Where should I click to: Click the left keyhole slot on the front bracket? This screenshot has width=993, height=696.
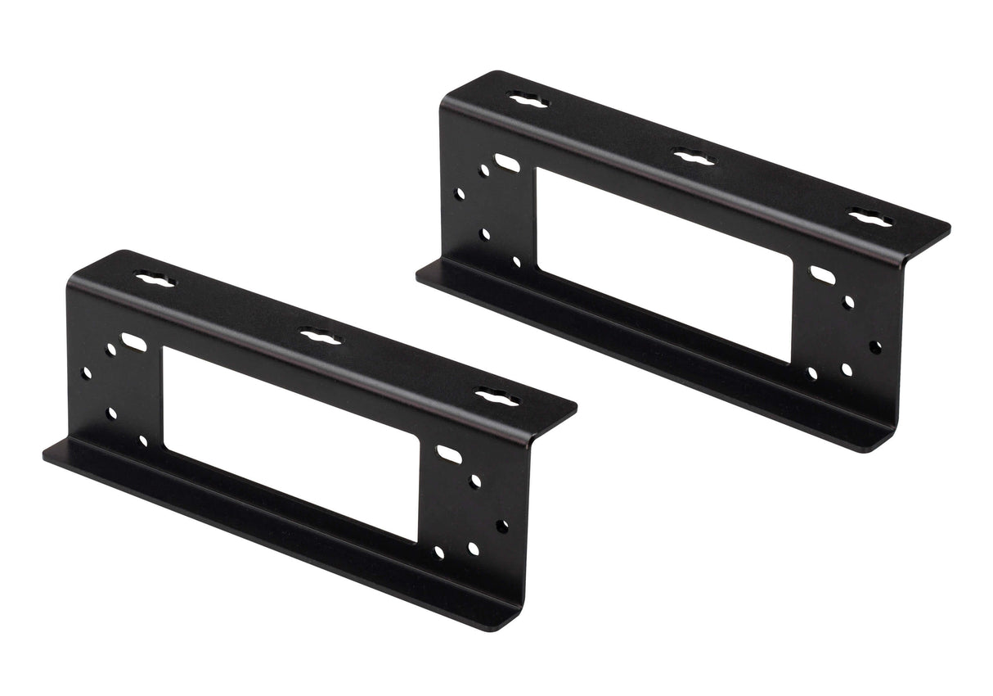[155, 280]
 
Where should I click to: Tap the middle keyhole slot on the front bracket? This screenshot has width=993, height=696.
[320, 336]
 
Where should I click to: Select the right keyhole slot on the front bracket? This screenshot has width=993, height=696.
[498, 397]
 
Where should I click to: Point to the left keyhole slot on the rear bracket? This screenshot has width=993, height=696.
[528, 101]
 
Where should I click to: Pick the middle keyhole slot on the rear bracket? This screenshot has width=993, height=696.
[694, 156]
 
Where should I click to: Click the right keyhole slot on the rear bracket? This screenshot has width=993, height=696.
[869, 218]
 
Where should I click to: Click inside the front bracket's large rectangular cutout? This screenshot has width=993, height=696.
[290, 442]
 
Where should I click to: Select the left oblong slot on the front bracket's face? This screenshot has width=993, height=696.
[133, 341]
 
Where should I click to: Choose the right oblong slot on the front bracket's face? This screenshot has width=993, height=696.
[449, 453]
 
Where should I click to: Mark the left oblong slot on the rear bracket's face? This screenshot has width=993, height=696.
[507, 163]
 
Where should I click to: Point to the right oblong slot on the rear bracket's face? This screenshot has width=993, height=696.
[822, 275]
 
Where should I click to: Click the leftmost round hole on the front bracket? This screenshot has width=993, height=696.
[87, 373]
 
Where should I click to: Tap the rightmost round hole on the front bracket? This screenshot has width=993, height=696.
[501, 526]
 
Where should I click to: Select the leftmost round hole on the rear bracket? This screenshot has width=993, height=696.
[460, 194]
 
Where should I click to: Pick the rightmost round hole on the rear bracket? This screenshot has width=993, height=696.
[875, 346]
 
